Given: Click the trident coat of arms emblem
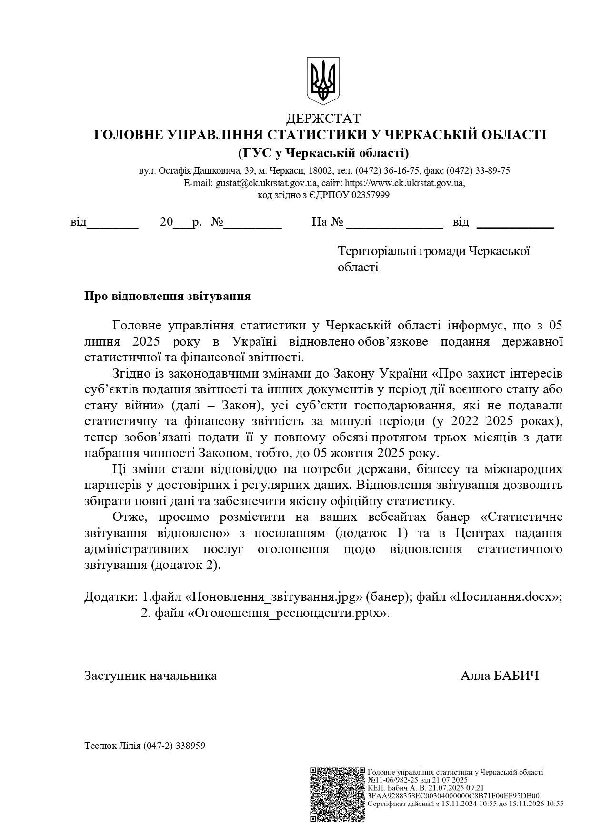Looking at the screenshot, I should coord(323,80).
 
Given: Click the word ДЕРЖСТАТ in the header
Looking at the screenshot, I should coord(323,118).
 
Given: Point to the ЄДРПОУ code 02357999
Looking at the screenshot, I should coord(371,195).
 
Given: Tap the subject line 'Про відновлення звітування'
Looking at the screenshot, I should coord(168,296).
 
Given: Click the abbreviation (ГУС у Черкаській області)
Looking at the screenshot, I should coord(323,153).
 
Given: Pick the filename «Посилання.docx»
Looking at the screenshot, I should coord(505,597).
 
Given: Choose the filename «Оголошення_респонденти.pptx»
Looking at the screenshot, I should coord(289,613).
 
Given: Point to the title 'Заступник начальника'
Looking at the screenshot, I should coord(150,676).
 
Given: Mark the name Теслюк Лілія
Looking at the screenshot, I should coord(112,746).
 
